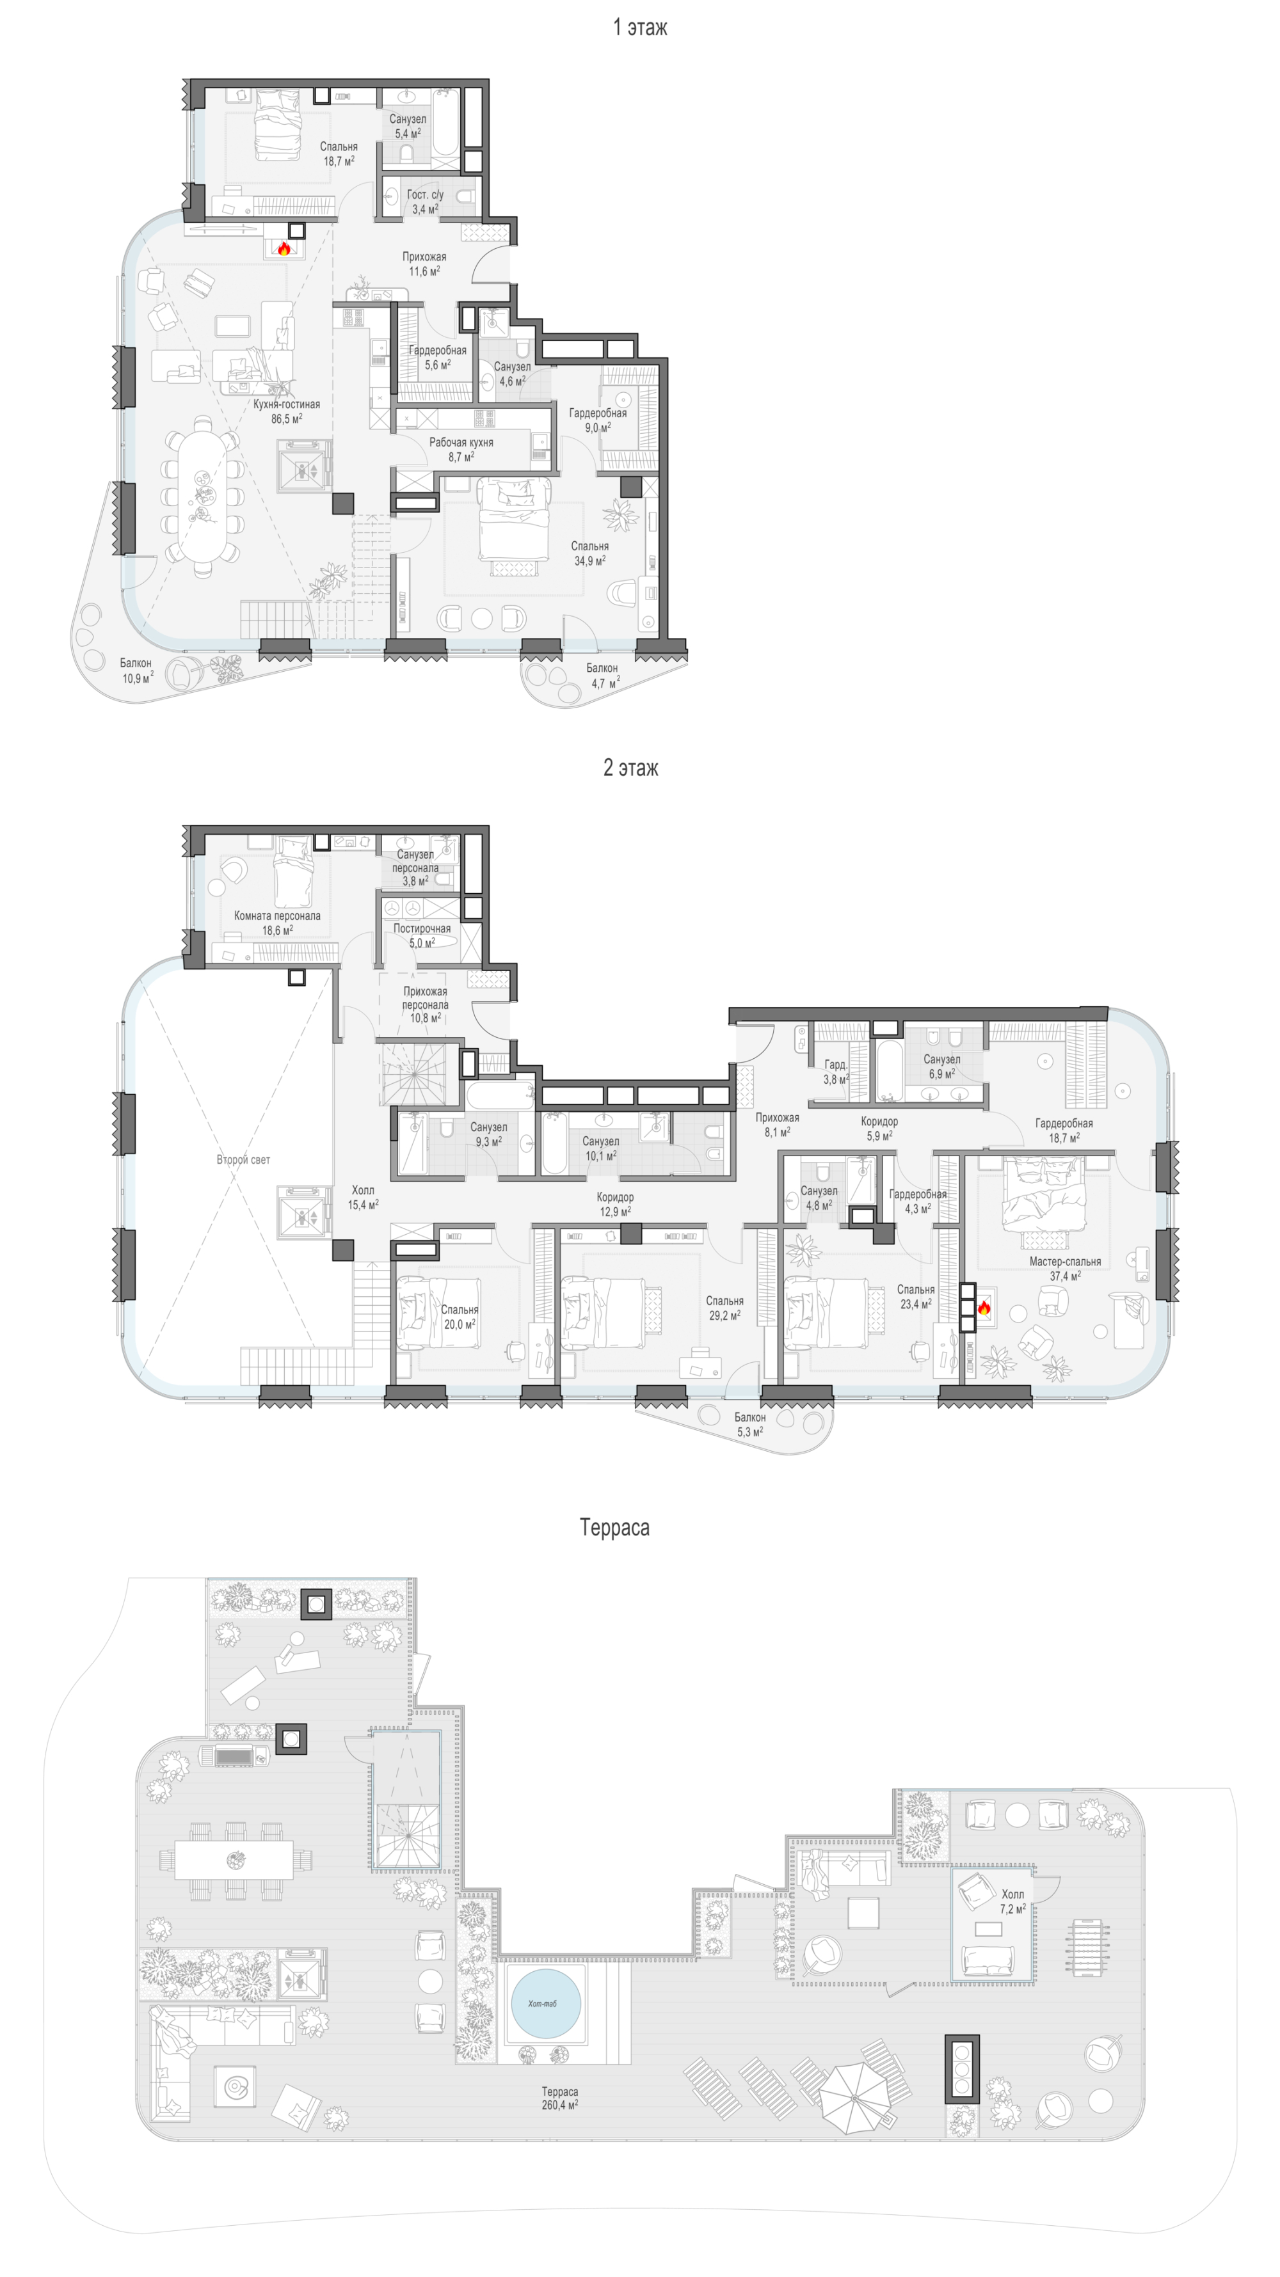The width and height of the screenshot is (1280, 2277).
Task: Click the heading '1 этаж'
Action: tap(640, 28)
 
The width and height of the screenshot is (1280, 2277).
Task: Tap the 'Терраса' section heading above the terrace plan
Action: tap(614, 1527)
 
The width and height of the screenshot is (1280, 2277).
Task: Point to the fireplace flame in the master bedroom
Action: tap(984, 1306)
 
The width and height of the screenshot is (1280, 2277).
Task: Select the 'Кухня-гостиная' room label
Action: tap(287, 404)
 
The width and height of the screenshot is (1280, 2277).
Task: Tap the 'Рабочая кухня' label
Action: tap(461, 442)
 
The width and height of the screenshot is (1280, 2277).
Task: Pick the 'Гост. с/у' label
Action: tap(425, 194)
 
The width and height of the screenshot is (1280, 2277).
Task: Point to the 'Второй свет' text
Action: tap(243, 1159)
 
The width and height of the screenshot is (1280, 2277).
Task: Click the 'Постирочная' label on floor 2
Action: tap(422, 928)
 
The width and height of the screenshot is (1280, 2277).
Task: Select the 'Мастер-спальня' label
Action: tap(1065, 1262)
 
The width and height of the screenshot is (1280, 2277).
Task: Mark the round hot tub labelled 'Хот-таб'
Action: tap(545, 2004)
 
